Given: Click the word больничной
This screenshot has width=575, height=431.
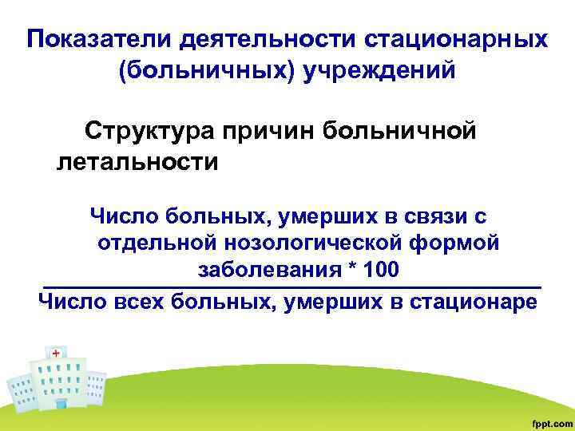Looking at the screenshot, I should coord(407,131).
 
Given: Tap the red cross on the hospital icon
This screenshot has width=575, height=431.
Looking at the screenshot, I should coord(55,352).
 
